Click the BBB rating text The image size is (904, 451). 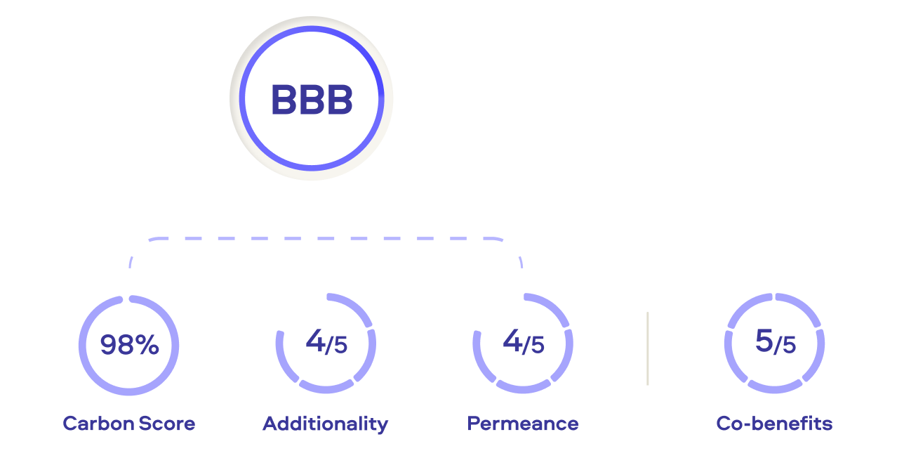click(x=312, y=100)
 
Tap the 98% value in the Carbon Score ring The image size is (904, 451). click(x=129, y=345)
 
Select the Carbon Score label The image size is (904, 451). click(x=129, y=424)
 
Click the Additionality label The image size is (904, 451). click(x=325, y=424)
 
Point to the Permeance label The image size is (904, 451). click(x=523, y=424)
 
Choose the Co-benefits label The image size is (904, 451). click(x=774, y=424)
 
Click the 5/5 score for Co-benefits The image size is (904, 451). click(x=775, y=343)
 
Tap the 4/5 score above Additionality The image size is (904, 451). click(x=326, y=343)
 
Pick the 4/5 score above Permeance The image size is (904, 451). click(x=523, y=343)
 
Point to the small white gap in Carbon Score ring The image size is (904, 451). click(x=125, y=299)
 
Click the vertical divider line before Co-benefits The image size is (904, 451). click(x=647, y=348)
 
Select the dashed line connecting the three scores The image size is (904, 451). click(x=326, y=239)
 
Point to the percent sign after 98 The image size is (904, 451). click(x=148, y=345)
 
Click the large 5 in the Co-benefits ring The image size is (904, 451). click(x=764, y=341)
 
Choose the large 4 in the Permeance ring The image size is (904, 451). click(x=512, y=341)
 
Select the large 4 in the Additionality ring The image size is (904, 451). click(x=315, y=341)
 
